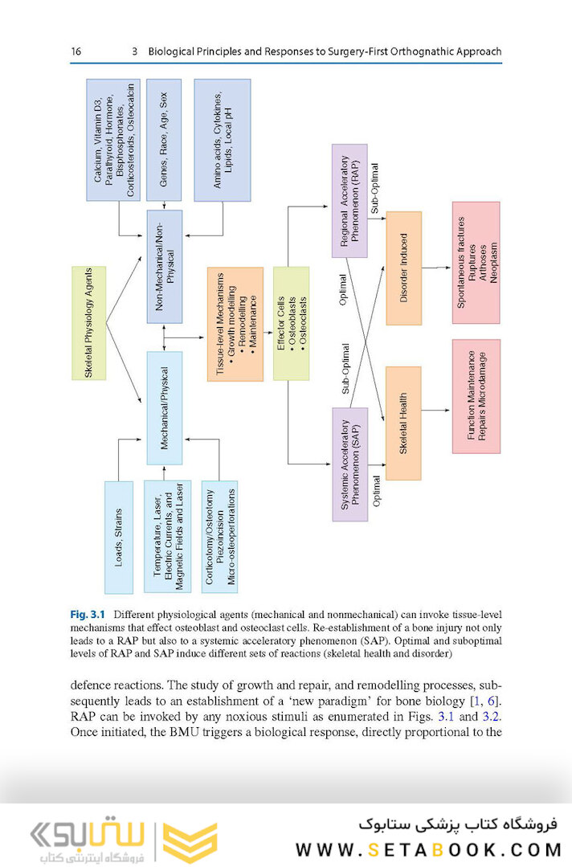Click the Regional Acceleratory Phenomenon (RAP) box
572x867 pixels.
click(x=349, y=201)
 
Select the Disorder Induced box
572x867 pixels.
click(x=404, y=268)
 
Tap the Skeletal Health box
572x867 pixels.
click(x=404, y=423)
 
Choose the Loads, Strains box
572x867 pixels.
click(x=118, y=537)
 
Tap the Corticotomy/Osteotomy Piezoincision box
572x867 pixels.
click(x=220, y=537)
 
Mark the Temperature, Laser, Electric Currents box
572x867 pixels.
click(x=169, y=537)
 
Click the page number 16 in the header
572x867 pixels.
click(x=76, y=51)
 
